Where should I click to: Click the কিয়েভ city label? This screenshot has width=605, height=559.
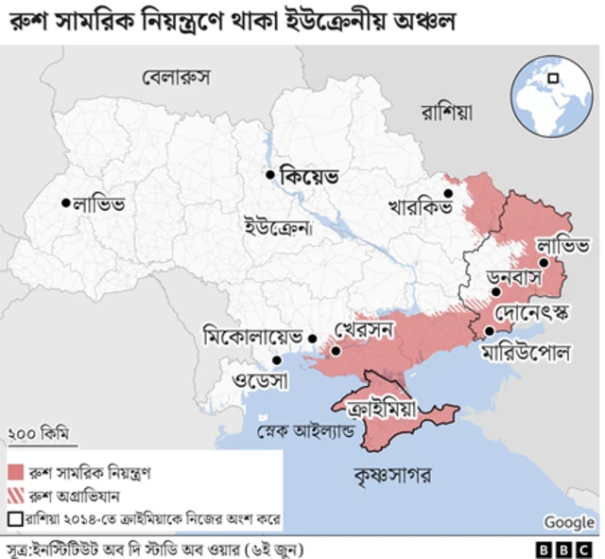pos(309,176)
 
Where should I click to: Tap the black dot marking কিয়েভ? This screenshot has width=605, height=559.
pos(270,174)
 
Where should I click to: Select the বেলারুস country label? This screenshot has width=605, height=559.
pos(176,76)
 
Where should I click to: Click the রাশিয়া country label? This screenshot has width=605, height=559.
pos(445,112)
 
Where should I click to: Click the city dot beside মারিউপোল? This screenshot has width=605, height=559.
pos(489,331)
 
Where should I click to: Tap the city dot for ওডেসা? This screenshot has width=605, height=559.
pos(277,360)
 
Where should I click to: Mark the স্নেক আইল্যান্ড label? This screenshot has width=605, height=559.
pos(304,433)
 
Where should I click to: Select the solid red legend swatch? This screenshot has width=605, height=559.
pos(15,471)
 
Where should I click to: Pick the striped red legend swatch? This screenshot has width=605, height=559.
pos(15,495)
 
